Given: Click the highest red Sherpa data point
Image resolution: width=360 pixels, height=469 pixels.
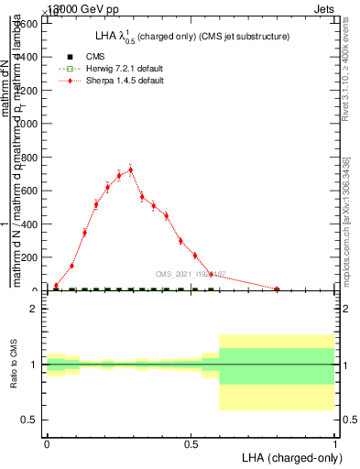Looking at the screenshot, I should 131,169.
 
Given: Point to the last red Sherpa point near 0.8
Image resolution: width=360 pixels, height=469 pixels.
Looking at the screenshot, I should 277,289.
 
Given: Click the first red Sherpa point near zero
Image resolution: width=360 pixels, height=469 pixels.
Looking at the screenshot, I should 56,286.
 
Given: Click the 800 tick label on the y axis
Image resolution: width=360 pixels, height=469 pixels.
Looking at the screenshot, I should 30,158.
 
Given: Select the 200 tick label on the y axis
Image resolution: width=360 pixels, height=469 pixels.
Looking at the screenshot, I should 30,257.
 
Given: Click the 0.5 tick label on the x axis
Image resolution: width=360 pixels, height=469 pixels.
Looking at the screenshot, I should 191,443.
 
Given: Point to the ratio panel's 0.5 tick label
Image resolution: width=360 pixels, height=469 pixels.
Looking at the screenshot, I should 29,420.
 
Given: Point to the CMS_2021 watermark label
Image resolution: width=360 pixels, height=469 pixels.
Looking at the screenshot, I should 190,274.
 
